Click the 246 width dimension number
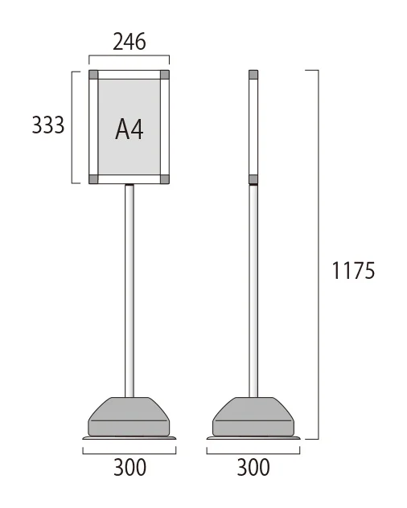[x=129, y=42]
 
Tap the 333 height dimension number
[x=48, y=125]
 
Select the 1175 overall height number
[x=353, y=271]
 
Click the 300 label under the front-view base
[x=129, y=467]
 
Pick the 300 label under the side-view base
[x=253, y=467]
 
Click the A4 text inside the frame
[x=129, y=129]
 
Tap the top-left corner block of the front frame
[x=93, y=75]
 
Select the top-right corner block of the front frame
[x=165, y=75]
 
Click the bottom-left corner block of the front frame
[x=93, y=179]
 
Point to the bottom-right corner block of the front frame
[x=165, y=179]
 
